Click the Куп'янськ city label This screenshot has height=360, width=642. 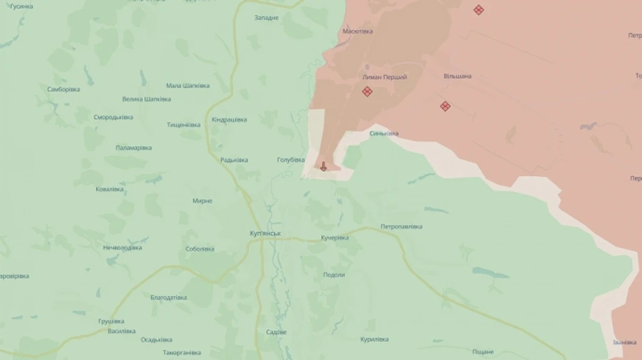[265, 234]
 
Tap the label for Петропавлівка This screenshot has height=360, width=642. [401, 227]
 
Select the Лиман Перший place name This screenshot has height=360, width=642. [384, 77]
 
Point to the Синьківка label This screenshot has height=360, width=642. [384, 133]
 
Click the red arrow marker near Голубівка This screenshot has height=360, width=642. [323, 166]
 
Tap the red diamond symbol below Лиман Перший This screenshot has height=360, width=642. [367, 91]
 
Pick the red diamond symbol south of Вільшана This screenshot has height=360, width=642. [445, 106]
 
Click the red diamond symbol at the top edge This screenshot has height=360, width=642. [479, 10]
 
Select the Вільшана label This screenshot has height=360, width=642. [457, 76]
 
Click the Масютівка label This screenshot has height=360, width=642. [357, 31]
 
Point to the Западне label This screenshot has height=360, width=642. [266, 17]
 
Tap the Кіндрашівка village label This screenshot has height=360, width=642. [229, 120]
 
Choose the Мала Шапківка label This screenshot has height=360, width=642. [188, 86]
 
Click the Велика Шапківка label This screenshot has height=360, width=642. [146, 99]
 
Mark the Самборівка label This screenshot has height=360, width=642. [63, 89]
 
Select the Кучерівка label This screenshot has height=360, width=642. [335, 237]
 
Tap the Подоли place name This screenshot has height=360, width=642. [334, 274]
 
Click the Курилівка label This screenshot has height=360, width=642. [374, 339]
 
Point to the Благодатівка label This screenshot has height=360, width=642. [168, 297]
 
